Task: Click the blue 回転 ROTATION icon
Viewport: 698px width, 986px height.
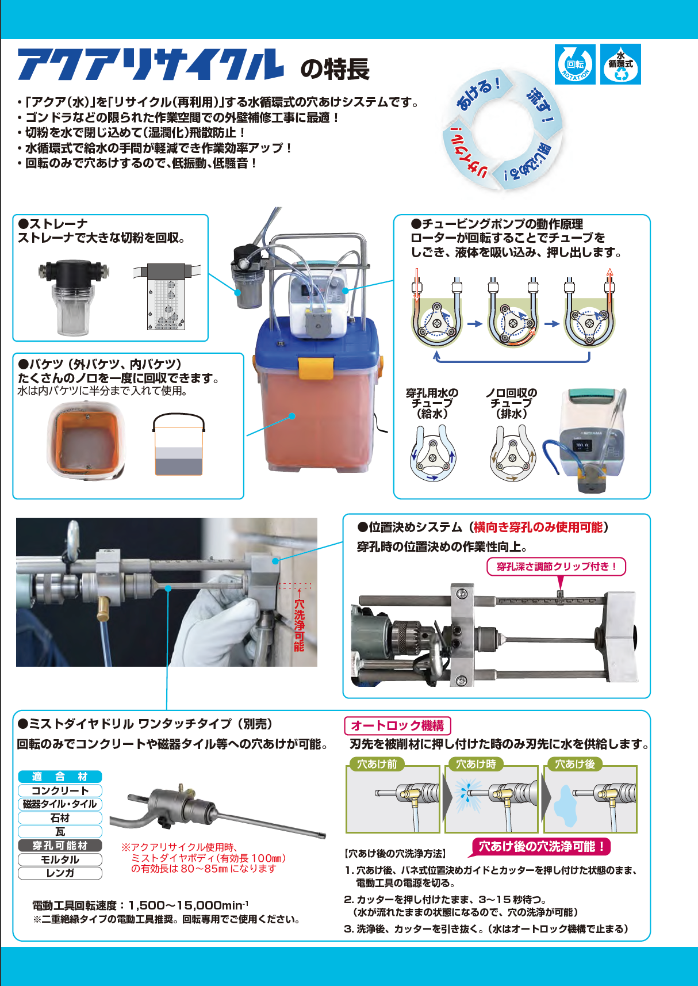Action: [x=574, y=64]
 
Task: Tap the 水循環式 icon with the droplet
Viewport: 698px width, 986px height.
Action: [x=620, y=64]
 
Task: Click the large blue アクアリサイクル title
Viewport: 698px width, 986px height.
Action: [x=151, y=64]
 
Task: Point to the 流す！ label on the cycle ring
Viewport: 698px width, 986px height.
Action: [x=542, y=106]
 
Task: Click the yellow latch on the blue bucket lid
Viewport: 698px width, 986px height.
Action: [x=315, y=368]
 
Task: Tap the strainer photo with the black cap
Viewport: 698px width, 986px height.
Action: [x=73, y=297]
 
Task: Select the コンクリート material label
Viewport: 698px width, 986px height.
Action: [x=60, y=790]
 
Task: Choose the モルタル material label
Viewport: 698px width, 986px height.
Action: [x=60, y=859]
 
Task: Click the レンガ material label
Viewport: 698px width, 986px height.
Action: [x=60, y=873]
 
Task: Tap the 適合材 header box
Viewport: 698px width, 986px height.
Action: [x=60, y=777]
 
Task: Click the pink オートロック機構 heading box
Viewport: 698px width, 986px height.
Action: [x=398, y=725]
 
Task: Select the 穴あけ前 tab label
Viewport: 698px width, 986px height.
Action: [x=377, y=764]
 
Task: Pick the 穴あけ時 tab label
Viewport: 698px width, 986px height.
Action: [x=476, y=764]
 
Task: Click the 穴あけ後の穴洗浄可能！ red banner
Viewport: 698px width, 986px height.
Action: [x=540, y=846]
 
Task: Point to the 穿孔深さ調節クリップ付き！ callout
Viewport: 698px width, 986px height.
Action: [x=557, y=567]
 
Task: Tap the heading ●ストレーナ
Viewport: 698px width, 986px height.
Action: [x=53, y=224]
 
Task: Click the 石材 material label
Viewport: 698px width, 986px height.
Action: [x=60, y=818]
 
